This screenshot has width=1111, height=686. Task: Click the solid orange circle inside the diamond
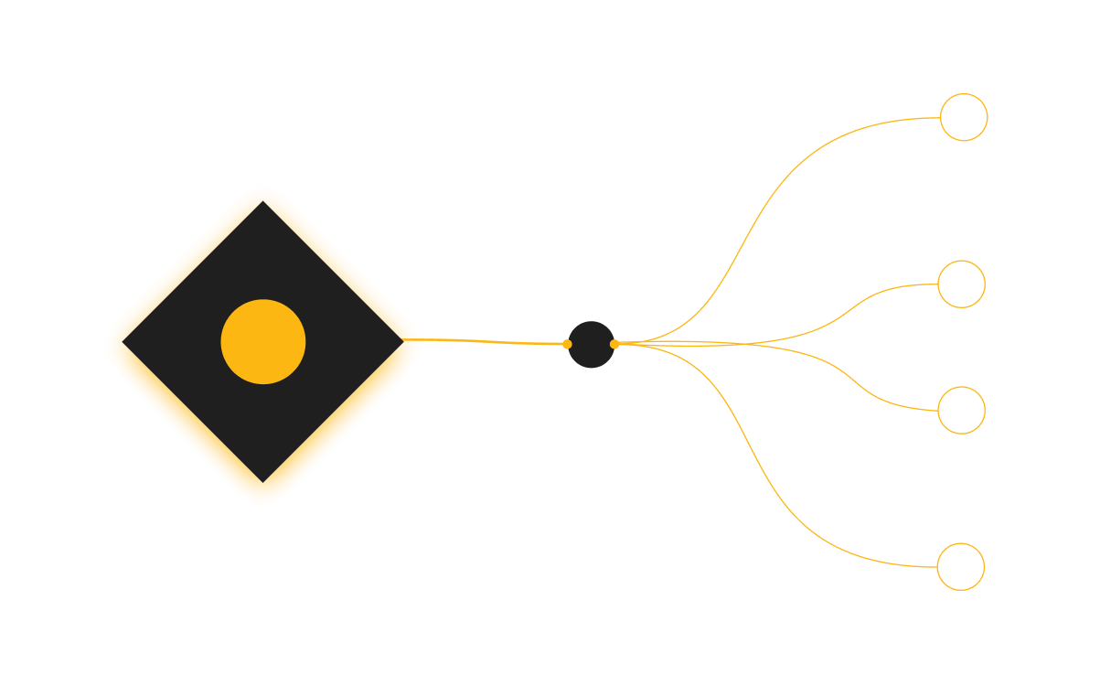coord(263,341)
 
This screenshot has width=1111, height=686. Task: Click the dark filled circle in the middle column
coord(591,345)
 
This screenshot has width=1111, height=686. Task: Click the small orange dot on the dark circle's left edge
coord(567,344)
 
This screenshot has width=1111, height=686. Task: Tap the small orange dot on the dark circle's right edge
coord(614,344)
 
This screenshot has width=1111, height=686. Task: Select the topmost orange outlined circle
coord(964,117)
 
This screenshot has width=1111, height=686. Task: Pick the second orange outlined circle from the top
coord(961,284)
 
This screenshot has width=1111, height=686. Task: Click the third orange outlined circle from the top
coord(961,410)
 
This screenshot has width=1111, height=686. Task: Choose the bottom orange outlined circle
coord(960,566)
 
